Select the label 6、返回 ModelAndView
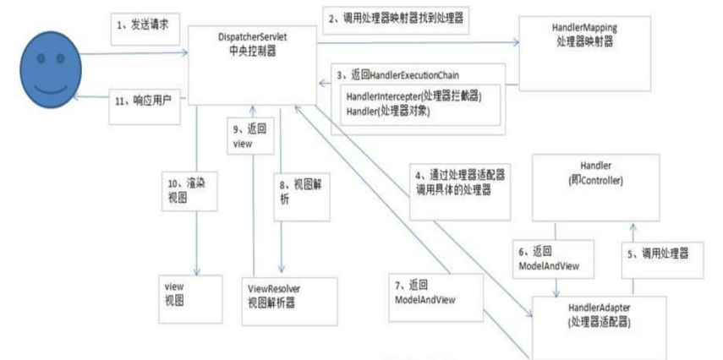550,258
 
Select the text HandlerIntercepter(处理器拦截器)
414,96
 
